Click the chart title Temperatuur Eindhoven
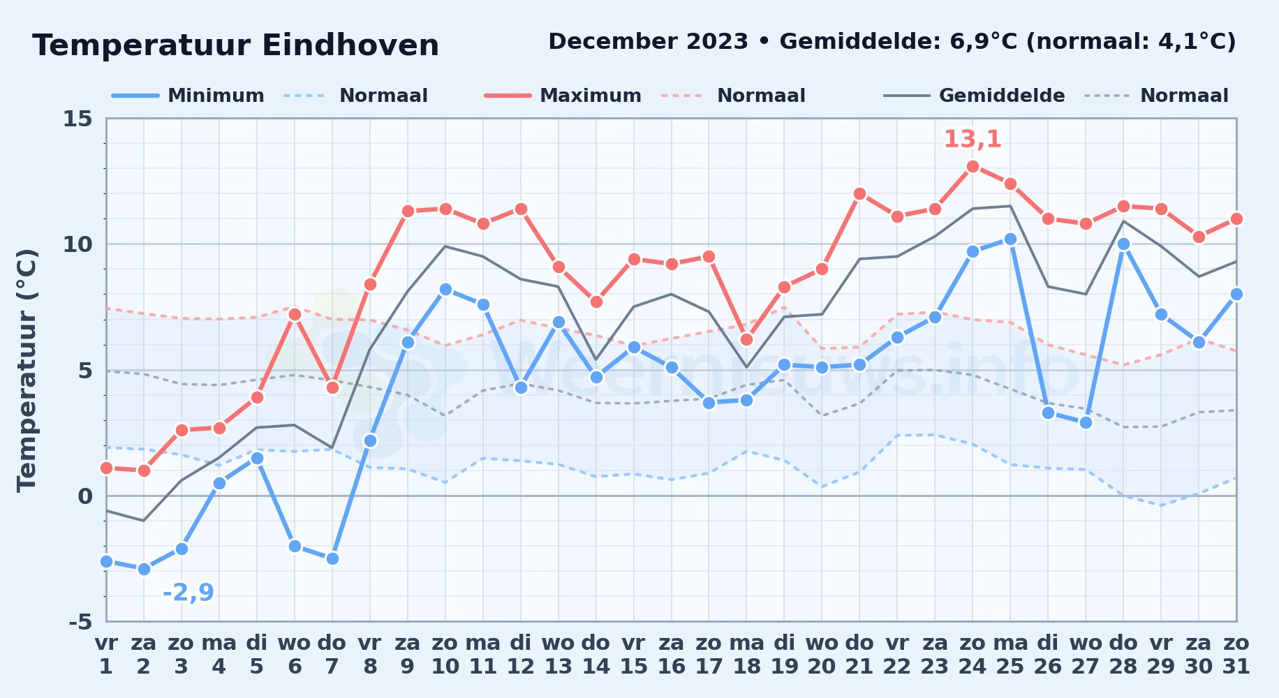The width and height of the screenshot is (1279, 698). [x=235, y=45]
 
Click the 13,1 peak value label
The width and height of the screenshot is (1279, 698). [x=973, y=139]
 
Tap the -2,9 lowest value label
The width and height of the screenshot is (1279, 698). [x=188, y=593]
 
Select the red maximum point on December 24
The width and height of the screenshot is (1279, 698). [x=973, y=166]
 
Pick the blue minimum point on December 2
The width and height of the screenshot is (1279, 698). [x=144, y=569]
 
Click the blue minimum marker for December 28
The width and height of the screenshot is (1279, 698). [x=1123, y=244]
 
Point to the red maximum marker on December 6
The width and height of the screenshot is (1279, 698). [x=295, y=314]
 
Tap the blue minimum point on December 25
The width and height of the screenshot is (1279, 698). [x=1010, y=239]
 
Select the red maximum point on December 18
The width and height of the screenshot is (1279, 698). [x=746, y=340]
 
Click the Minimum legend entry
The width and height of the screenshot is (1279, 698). [x=188, y=96]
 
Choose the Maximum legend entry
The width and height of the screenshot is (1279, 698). [x=563, y=96]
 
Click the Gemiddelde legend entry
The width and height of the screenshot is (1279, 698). [x=975, y=96]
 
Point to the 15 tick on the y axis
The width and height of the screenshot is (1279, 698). [x=78, y=119]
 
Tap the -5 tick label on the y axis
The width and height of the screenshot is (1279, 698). [x=80, y=621]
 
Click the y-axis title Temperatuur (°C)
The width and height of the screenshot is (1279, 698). [x=27, y=370]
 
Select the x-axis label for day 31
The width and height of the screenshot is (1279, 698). [x=1236, y=655]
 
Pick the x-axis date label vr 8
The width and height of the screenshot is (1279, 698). [x=370, y=655]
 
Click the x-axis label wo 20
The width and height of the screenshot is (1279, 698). [x=822, y=655]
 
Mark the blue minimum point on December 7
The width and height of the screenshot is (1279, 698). [x=332, y=558]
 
